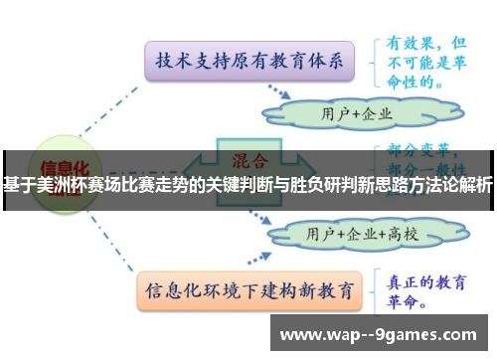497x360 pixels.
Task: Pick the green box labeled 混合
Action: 248,159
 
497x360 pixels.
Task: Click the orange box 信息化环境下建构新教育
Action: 249,292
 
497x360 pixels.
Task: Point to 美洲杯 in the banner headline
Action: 55,185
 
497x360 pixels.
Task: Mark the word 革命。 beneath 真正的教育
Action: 410,300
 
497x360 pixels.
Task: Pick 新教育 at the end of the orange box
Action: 327,292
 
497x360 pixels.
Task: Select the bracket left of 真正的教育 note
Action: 378,289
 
